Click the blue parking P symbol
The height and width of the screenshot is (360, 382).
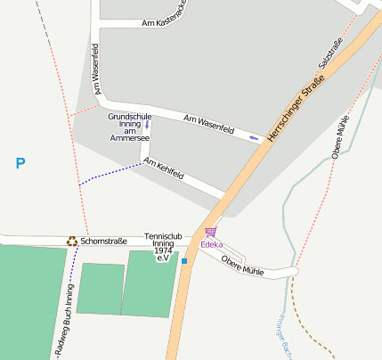(20, 163)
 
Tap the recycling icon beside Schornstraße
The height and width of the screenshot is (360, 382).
(71, 241)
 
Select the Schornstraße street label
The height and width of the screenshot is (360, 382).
(104, 241)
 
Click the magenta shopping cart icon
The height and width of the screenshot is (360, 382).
(210, 233)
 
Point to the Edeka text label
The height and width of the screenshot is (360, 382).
(211, 244)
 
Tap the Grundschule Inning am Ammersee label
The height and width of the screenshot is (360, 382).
(129, 127)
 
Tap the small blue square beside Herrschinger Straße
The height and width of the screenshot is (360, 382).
(184, 262)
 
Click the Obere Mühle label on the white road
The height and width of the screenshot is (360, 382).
(243, 265)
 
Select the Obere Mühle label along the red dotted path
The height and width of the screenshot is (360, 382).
(340, 137)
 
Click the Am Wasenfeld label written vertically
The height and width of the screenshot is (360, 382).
(94, 69)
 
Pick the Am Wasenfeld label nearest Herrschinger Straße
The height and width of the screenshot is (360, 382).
(208, 125)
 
